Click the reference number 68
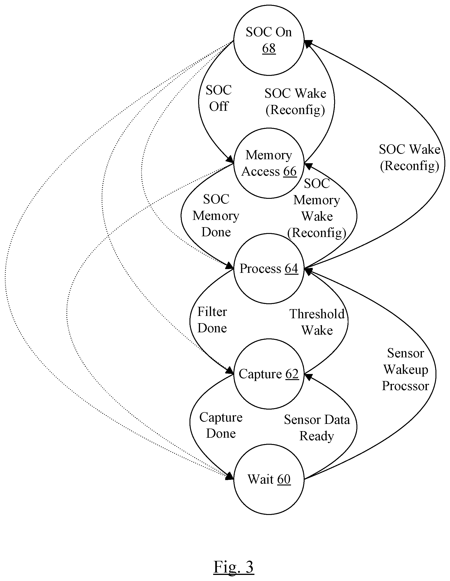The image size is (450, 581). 269,48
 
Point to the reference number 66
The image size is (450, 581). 290,171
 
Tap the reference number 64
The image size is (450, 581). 291,268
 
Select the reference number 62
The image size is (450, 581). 292,374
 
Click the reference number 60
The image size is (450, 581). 284,479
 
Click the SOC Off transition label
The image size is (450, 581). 219,98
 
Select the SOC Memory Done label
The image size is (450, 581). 216,215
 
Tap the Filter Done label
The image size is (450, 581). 212,320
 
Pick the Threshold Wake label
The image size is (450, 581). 317,322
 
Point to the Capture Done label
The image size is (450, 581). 221,425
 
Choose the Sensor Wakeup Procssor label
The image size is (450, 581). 405,369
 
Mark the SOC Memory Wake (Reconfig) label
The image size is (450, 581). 317,208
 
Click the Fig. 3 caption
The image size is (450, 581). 234,567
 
